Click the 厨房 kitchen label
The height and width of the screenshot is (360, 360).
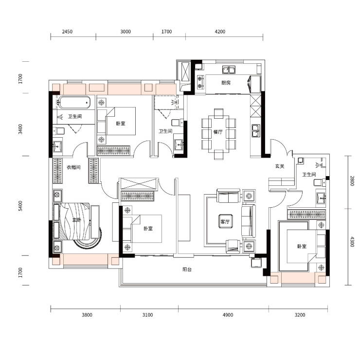[x=226, y=83]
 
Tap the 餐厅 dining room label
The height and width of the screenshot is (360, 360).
[x=218, y=132]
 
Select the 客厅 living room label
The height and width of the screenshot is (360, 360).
[x=225, y=221]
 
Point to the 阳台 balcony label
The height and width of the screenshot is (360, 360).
[x=187, y=270]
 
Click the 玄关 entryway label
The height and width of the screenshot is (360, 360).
[x=280, y=166]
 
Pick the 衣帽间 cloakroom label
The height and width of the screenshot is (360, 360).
[x=73, y=167]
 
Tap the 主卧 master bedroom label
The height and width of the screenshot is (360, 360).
[x=77, y=220]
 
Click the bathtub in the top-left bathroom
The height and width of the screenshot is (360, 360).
[x=74, y=102]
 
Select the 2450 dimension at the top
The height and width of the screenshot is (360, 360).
[x=67, y=32]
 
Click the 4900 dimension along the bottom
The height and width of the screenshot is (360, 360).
[x=228, y=315]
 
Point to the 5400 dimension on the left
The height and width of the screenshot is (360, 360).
[x=20, y=206]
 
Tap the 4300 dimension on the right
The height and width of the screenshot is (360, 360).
[x=352, y=241]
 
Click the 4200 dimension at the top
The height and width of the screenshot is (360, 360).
[x=220, y=32]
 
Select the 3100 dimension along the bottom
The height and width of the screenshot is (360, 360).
[x=147, y=315]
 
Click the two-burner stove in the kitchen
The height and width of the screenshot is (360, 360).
[x=200, y=82]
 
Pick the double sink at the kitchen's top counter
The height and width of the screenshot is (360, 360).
[x=229, y=70]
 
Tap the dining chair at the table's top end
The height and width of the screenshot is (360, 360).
[x=218, y=113]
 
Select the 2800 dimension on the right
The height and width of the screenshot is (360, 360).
[x=352, y=180]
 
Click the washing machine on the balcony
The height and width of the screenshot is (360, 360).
[x=257, y=263]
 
